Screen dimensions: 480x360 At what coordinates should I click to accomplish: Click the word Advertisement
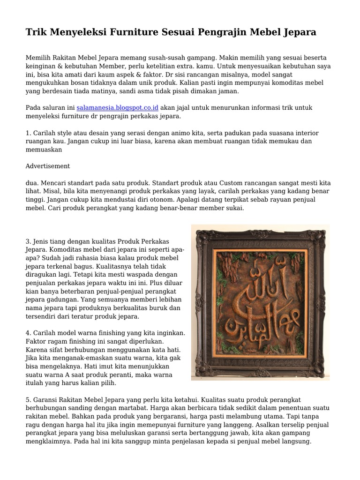48,166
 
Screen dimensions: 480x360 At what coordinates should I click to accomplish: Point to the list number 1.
28,133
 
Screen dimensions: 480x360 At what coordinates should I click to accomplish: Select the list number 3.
28,241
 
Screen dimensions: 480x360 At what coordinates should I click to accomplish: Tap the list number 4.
28,333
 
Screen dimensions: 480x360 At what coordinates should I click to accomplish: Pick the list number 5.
28,399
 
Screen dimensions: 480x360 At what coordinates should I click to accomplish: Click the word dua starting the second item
31,183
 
